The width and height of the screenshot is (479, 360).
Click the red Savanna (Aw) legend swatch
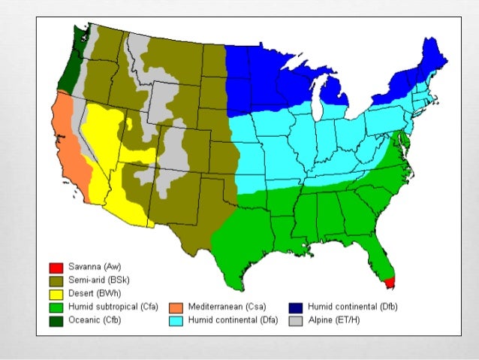coord(54,268)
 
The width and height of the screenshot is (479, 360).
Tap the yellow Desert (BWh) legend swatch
coord(54,294)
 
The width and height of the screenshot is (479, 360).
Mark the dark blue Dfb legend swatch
coord(295,307)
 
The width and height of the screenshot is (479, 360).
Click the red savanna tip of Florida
coord(389,282)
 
